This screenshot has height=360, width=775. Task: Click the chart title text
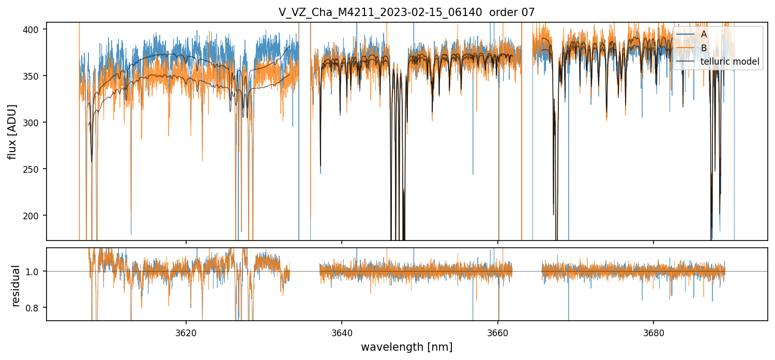(406, 12)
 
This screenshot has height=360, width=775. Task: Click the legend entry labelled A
(704, 34)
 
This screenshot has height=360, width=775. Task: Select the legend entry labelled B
(704, 48)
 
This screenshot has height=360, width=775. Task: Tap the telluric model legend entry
(730, 62)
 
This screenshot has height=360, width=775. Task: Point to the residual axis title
(16, 284)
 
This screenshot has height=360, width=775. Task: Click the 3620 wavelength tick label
(186, 332)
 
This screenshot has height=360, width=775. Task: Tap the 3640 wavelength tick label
(342, 332)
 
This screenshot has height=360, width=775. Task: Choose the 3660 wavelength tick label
(498, 332)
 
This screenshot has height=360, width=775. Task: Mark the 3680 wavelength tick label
(654, 332)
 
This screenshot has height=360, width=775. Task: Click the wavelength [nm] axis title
(406, 347)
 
